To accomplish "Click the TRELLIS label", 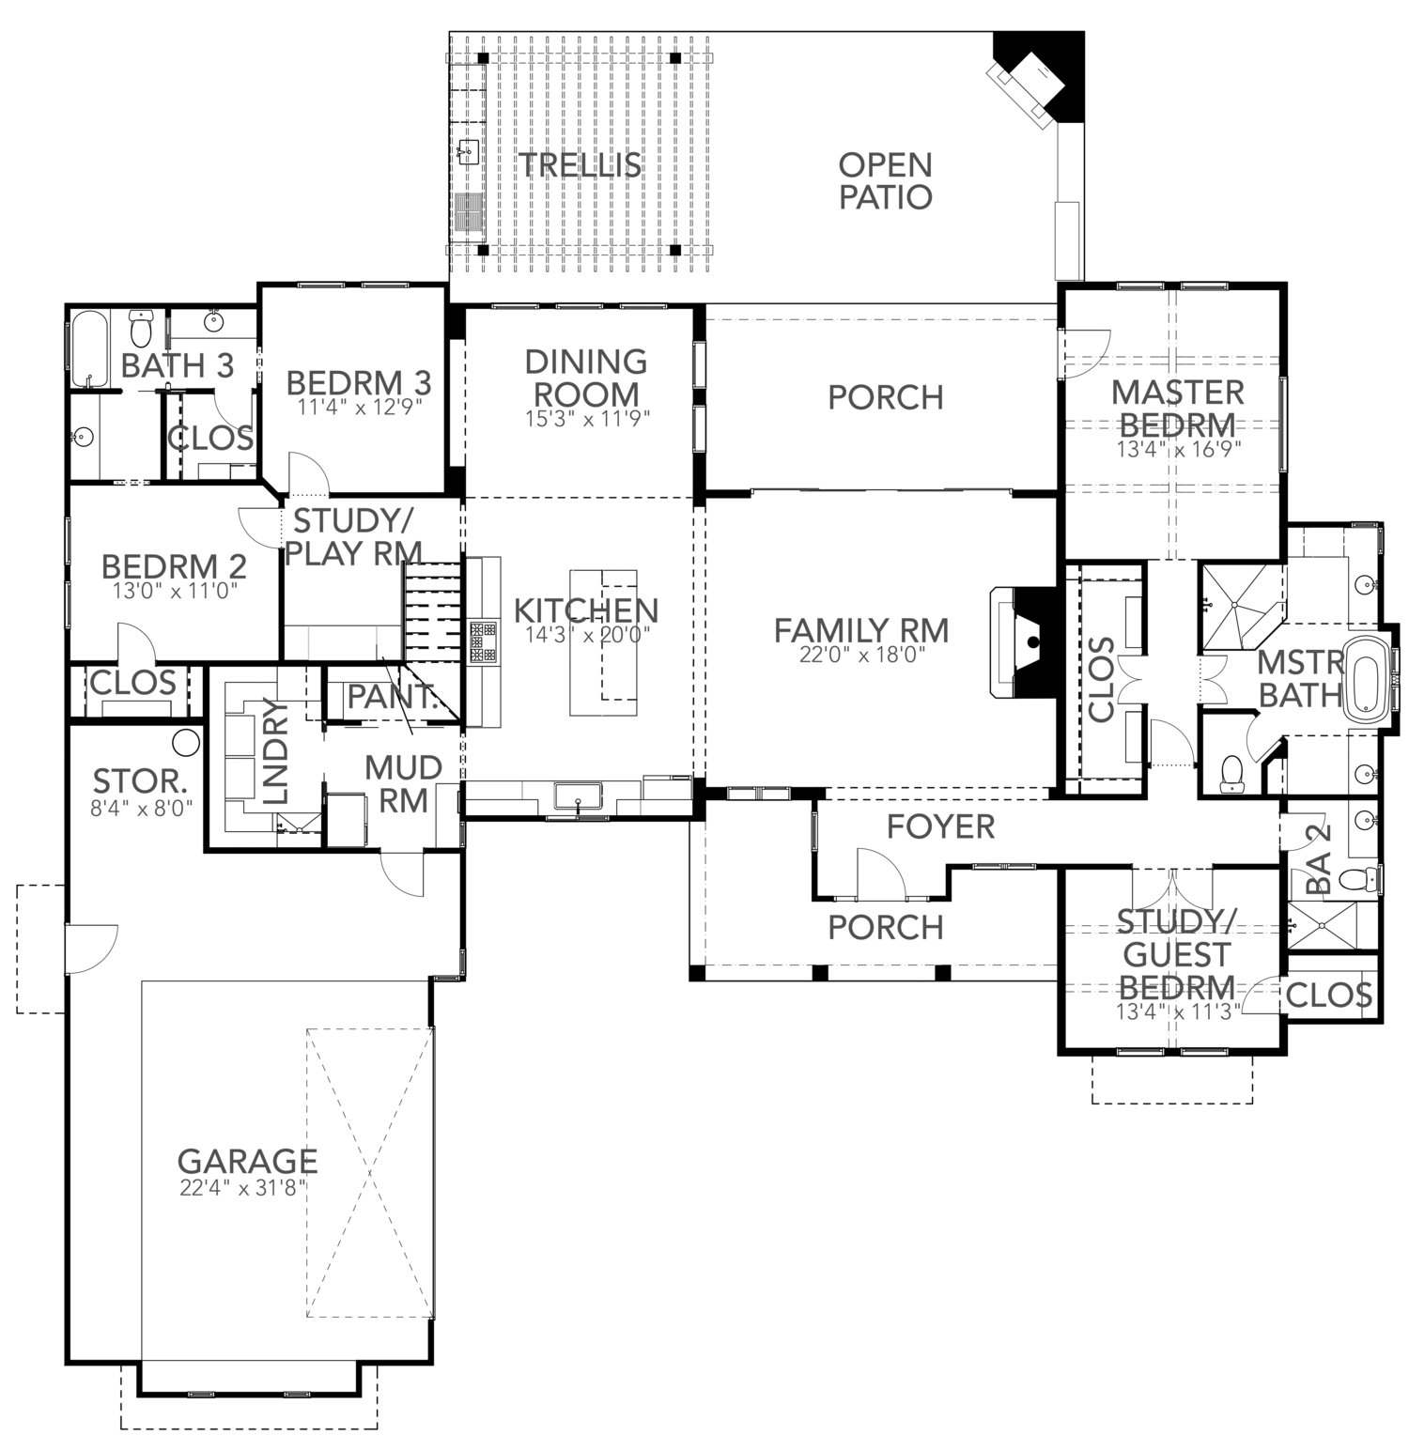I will click(581, 165).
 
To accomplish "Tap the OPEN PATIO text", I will click(885, 181).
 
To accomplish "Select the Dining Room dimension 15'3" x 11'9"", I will click(587, 419).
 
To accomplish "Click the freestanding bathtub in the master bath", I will click(1369, 679).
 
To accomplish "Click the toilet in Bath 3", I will click(141, 330).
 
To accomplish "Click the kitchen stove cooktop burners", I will click(484, 642).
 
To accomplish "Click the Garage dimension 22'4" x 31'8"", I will click(244, 1188).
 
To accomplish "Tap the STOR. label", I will click(138, 780).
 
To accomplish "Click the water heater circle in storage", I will click(187, 741).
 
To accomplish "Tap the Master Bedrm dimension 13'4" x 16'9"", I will click(1179, 448).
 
